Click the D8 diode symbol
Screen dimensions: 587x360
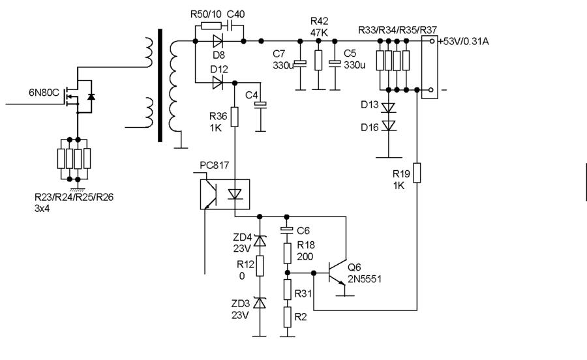pos(218,41)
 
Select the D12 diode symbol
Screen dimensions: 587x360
pos(218,82)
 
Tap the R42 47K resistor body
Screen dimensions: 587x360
pos(318,60)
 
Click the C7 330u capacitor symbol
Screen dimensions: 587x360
pos(300,63)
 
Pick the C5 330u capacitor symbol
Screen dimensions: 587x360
pos(335,63)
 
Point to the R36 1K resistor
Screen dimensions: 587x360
pos(234,117)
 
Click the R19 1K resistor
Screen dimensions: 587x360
pos(417,173)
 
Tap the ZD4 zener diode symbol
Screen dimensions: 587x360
pos(260,241)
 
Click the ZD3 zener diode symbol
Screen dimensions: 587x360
pos(260,303)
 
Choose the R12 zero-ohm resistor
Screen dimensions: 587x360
pos(260,266)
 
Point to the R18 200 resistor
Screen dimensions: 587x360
pos(287,253)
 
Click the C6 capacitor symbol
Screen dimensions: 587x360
pos(287,230)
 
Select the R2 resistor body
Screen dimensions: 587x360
pos(287,318)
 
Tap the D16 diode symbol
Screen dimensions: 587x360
pos(389,126)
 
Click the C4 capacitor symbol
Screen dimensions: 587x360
pos(260,105)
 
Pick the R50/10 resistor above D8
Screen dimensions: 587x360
pos(211,26)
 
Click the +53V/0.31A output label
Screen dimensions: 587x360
pos(464,41)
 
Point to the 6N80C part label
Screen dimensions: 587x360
pos(44,93)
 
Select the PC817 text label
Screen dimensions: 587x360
pos(214,165)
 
